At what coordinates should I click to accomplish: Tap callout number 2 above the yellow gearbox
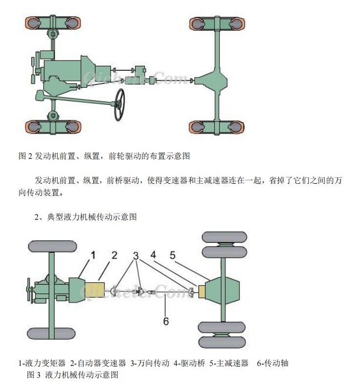114,255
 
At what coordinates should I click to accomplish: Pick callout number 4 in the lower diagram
153,254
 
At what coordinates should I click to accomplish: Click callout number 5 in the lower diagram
173,254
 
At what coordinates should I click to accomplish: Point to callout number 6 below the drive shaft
166,321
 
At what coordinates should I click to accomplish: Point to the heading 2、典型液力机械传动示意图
85,217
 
